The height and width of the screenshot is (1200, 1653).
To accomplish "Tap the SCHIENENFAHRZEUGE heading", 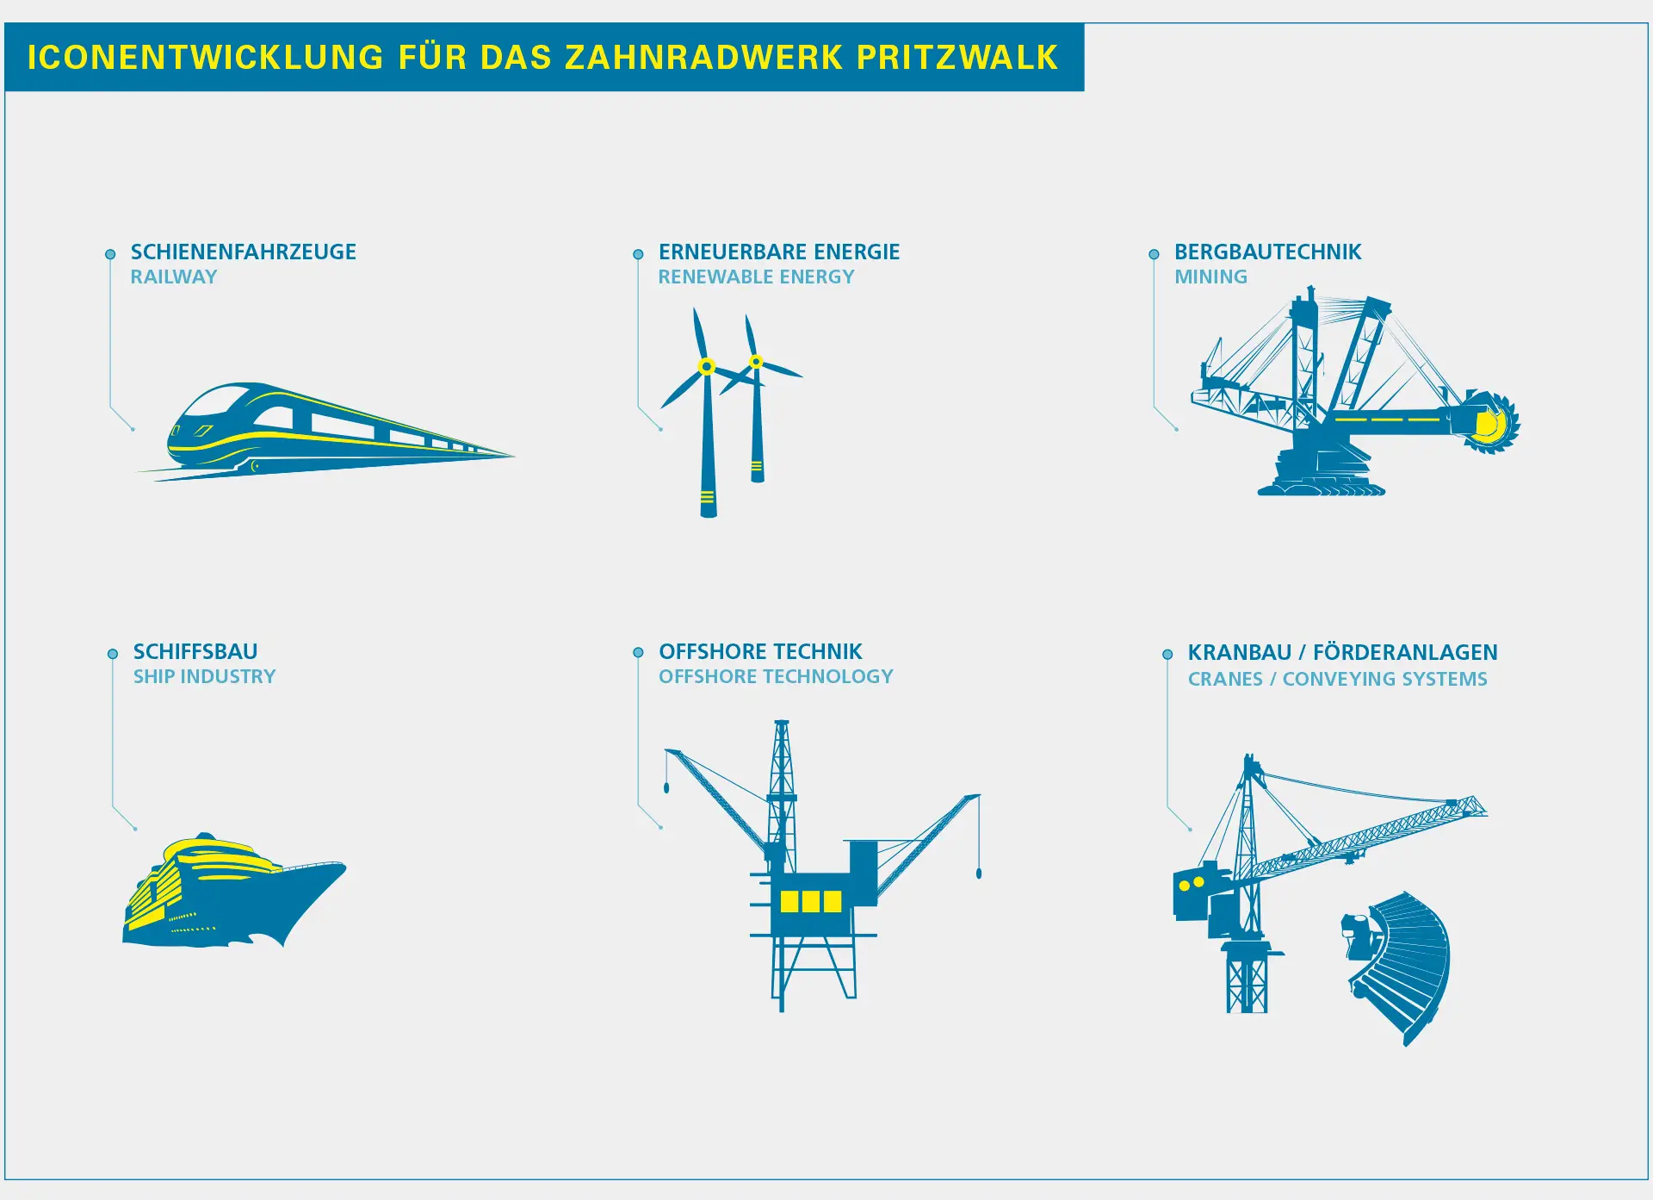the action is tap(244, 252).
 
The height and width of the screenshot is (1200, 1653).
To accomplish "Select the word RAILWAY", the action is tap(174, 277).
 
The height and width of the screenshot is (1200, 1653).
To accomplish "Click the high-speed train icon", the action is tap(325, 432).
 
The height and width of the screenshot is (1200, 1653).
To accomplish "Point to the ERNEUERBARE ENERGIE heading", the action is tap(779, 252).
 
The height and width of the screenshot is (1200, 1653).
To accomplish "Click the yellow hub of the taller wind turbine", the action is tap(707, 367).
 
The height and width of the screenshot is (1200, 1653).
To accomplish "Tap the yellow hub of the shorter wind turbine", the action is tap(756, 362).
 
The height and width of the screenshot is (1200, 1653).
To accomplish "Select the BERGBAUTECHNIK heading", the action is tap(1268, 252).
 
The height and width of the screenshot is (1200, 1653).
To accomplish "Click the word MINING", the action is tap(1211, 277).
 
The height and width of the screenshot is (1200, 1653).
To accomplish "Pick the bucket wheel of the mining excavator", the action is tap(1491, 423).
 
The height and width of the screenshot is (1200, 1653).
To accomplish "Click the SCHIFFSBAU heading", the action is tap(195, 651).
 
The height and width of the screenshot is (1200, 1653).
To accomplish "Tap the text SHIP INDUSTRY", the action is tap(205, 676).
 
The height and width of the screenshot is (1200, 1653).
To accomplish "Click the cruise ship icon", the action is tap(234, 890).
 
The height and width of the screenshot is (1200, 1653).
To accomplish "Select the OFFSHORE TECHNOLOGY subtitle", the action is tap(777, 676).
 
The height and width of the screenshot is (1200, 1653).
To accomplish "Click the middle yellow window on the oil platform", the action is tap(811, 901).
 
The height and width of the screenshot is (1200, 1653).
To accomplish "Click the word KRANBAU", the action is tap(1240, 652).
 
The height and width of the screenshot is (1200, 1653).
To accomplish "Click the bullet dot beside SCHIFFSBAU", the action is tap(113, 654).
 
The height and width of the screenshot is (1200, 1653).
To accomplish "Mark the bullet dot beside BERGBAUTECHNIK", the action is tap(1154, 254).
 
